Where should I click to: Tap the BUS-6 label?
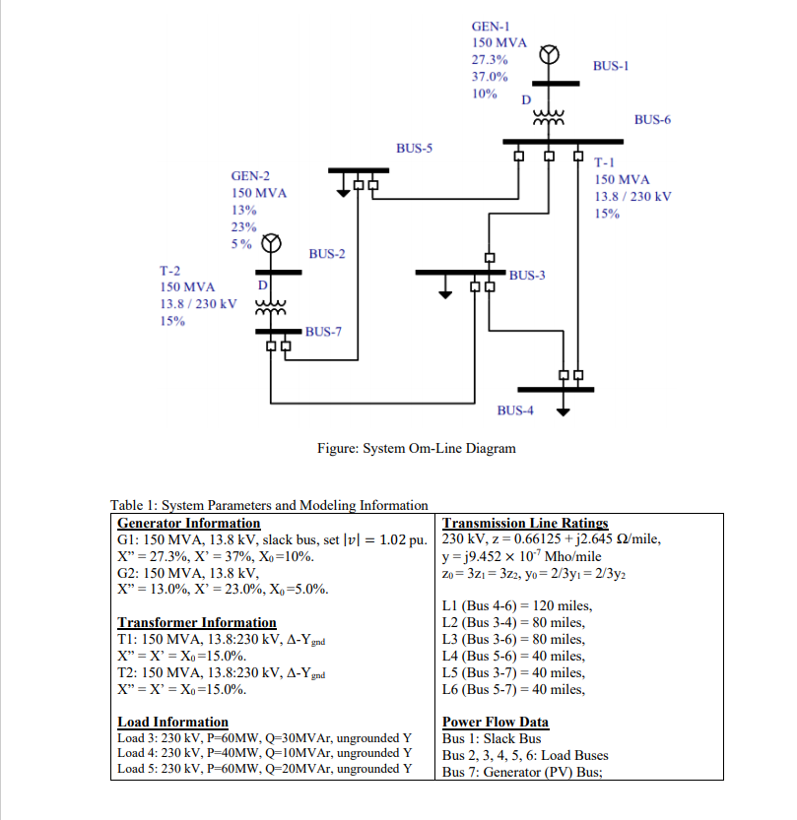coord(652,119)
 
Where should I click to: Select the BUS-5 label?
coord(414,148)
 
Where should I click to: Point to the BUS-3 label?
coord(527,275)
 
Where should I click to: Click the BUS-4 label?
coord(515,410)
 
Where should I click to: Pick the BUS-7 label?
coord(323,332)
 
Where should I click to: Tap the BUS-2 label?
coord(327,254)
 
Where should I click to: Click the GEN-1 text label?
coord(491,28)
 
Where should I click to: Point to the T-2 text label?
coord(170,270)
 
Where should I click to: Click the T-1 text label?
coord(605,163)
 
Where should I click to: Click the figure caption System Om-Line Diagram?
coord(416,449)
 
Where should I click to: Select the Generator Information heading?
coord(189,524)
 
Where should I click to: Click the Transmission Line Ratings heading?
coord(525,524)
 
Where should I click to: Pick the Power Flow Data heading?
coord(496,722)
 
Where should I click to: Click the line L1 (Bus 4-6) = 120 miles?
coord(517,606)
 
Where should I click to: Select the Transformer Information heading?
coord(197,622)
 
